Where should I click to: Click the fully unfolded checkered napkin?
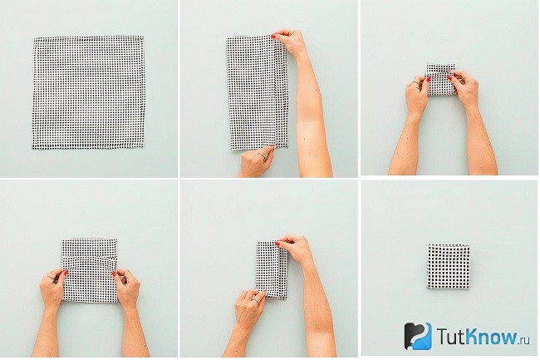pyautogui.click(x=89, y=92)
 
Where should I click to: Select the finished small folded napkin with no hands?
pyautogui.click(x=449, y=266)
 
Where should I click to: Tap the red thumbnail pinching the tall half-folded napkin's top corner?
pyautogui.click(x=273, y=37)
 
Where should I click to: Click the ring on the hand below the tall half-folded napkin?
pyautogui.click(x=263, y=156)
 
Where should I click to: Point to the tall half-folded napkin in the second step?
pyautogui.click(x=257, y=93)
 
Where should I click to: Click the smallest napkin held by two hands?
pyautogui.click(x=441, y=79)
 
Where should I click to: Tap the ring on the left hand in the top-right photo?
pyautogui.click(x=415, y=82)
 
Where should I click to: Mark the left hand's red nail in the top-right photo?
pyautogui.click(x=430, y=79)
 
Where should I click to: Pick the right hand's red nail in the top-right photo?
pyautogui.click(x=449, y=78)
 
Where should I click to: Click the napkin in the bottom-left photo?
pyautogui.click(x=90, y=272)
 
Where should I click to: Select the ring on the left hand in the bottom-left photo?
pyautogui.click(x=51, y=277)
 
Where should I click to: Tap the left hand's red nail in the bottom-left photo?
pyautogui.click(x=66, y=273)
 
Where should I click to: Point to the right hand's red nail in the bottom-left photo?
pyautogui.click(x=114, y=274)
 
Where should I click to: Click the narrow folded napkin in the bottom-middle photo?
pyautogui.click(x=272, y=269)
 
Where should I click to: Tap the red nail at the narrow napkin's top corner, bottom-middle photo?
pyautogui.click(x=277, y=244)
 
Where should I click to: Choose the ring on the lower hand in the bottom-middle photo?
pyautogui.click(x=255, y=299)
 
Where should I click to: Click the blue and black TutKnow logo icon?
pyautogui.click(x=418, y=336)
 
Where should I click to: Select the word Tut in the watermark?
pyautogui.click(x=449, y=336)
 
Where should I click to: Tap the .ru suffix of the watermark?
pyautogui.click(x=524, y=340)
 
